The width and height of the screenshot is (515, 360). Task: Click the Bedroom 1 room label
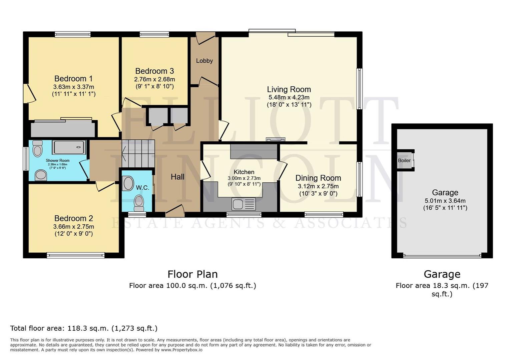coord(73,79)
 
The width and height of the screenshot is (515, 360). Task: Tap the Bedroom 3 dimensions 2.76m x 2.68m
coord(154,79)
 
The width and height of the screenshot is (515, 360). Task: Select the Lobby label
coord(204,61)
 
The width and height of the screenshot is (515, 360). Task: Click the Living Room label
coord(289,89)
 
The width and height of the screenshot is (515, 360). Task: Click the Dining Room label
coord(318,178)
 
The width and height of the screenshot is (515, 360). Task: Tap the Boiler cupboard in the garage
coord(405,160)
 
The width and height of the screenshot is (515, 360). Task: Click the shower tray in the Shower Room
coord(69,147)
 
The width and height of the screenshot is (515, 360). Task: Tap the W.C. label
coord(142,188)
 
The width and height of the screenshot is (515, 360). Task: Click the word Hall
coord(177,177)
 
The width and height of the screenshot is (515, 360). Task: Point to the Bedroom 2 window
coord(76,256)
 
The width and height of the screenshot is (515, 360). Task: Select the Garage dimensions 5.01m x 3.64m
coord(445,201)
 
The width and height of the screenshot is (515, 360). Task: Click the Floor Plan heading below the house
coord(192,274)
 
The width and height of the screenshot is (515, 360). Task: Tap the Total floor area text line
coord(84,328)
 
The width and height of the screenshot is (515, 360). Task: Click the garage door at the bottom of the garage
coord(442,256)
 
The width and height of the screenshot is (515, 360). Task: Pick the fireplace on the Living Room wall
coord(276,140)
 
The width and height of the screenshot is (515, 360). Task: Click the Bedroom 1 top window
coord(73,34)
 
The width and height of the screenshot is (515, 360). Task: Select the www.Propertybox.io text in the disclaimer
coord(182,350)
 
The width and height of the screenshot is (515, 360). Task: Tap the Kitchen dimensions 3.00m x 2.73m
coord(244,178)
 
